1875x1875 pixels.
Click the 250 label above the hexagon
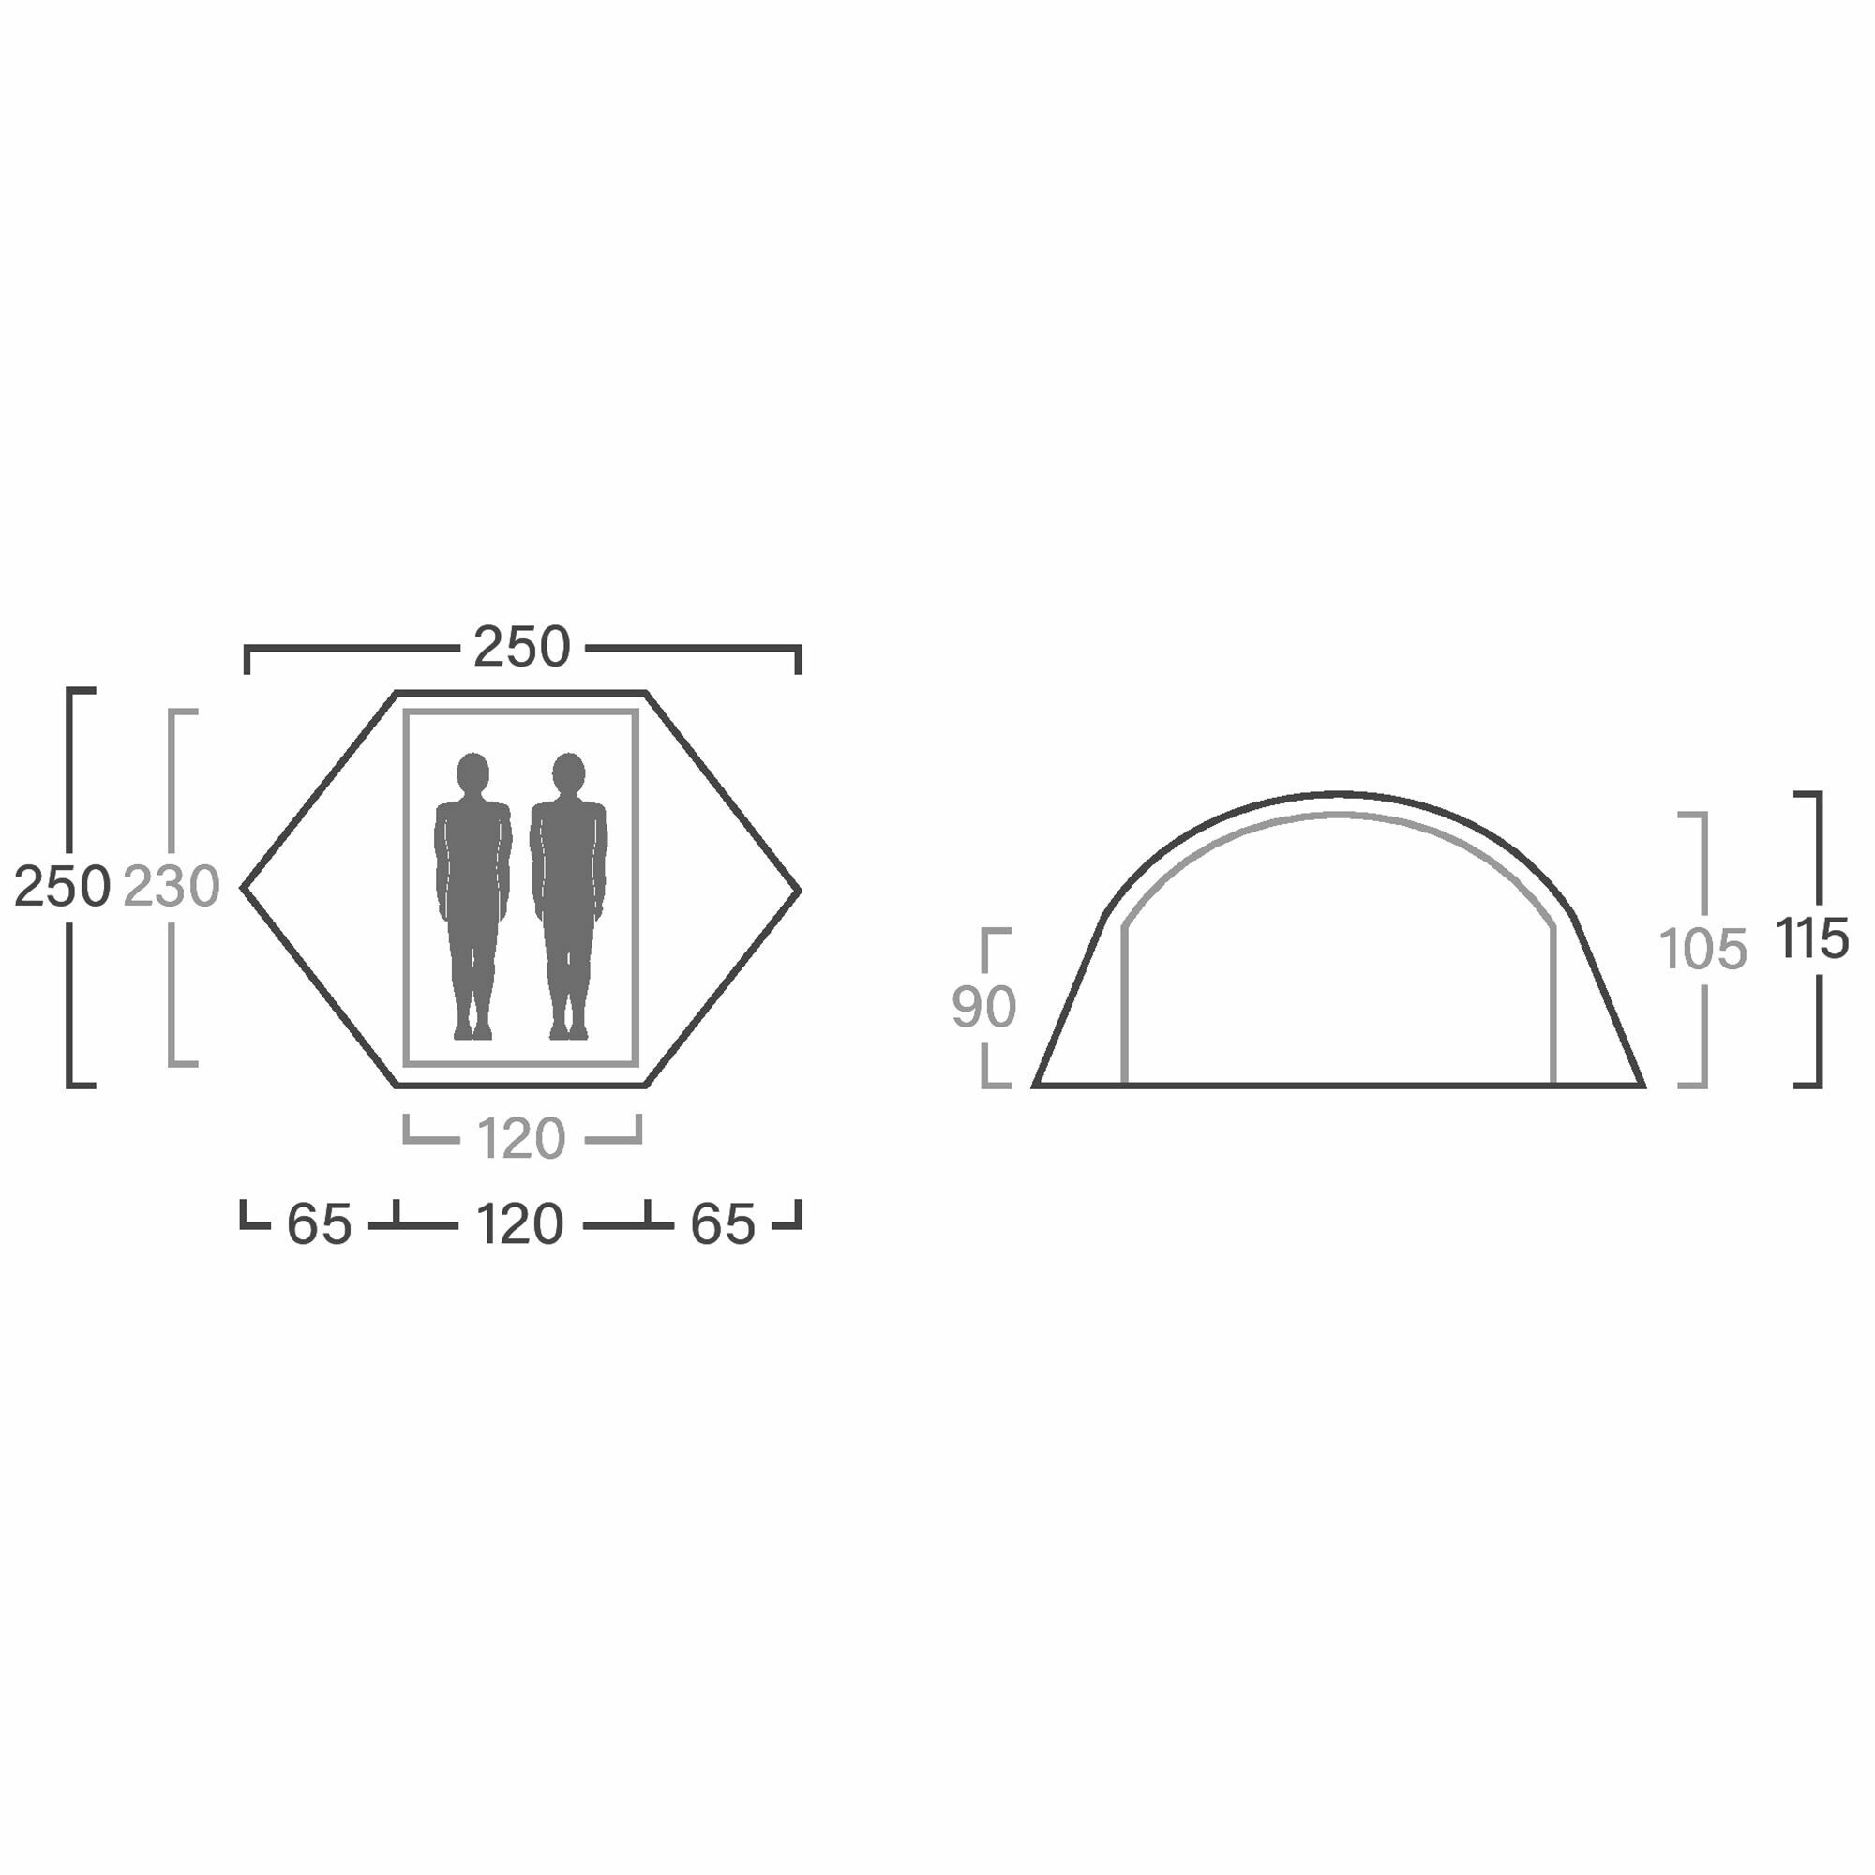pyautogui.click(x=521, y=647)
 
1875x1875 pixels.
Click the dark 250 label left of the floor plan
pyautogui.click(x=62, y=887)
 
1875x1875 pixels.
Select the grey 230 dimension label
pyautogui.click(x=172, y=887)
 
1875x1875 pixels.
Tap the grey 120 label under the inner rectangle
pyautogui.click(x=521, y=1139)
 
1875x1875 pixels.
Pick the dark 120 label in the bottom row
pyautogui.click(x=520, y=1224)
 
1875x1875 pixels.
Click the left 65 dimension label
pyautogui.click(x=319, y=1224)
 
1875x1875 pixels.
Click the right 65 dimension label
pyautogui.click(x=722, y=1224)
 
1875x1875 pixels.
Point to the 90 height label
pyautogui.click(x=984, y=1008)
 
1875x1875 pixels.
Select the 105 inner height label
pyautogui.click(x=1703, y=949)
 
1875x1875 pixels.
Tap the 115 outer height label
pyautogui.click(x=1813, y=939)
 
